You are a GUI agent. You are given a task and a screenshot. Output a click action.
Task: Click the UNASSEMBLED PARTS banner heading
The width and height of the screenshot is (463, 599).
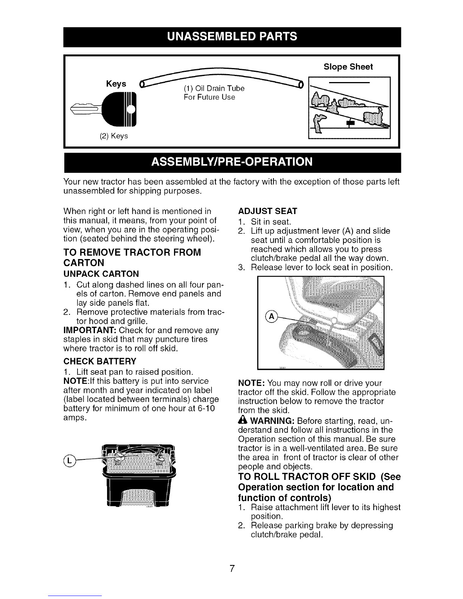click(232, 37)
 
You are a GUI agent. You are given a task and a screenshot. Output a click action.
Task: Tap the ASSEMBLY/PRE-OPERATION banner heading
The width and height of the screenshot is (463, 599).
click(232, 162)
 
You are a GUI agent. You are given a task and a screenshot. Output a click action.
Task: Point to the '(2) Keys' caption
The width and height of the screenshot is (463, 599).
click(113, 136)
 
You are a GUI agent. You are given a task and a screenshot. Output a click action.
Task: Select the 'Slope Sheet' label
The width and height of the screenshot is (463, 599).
click(348, 67)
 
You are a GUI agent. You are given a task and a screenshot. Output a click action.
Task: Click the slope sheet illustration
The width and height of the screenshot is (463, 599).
click(350, 108)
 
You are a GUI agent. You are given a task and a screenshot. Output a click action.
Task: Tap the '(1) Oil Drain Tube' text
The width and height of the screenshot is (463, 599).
click(214, 88)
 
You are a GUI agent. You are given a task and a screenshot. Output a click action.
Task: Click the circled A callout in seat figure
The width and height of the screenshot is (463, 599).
click(271, 317)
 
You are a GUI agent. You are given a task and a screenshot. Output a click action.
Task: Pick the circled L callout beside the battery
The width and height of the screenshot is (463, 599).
click(69, 461)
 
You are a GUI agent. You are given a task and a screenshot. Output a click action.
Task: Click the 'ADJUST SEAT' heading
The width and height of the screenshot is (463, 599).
click(267, 211)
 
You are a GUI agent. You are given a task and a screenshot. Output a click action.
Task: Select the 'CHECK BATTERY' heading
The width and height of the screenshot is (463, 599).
click(100, 361)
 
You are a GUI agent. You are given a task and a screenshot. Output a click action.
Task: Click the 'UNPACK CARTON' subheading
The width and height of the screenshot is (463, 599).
click(101, 274)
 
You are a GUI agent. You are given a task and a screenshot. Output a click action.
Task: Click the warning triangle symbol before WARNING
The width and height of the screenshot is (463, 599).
click(243, 420)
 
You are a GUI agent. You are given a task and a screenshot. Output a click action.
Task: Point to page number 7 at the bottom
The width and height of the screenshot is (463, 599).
click(232, 568)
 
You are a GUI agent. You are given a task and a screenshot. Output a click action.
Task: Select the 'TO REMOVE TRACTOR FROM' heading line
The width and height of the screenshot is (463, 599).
click(132, 252)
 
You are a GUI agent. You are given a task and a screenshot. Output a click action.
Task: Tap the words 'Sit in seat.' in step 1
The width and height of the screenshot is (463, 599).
click(271, 222)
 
